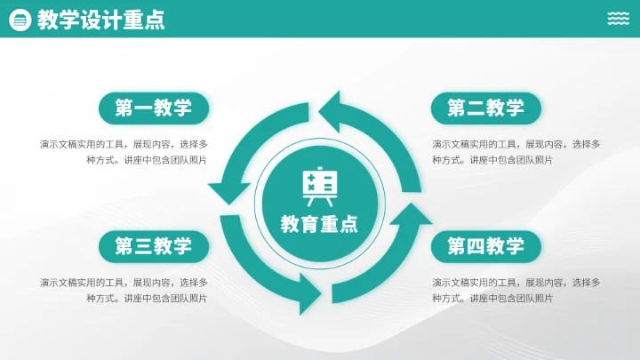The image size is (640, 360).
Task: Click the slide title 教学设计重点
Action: (101, 20)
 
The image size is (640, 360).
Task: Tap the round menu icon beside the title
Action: (20, 20)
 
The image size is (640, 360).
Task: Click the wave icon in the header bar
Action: (619, 19)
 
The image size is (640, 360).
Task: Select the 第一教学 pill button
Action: (153, 108)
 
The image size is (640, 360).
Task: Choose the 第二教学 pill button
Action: (485, 108)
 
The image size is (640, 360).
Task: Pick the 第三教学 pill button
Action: (153, 246)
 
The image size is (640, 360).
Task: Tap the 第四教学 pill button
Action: (485, 246)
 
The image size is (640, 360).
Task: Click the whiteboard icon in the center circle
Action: (319, 187)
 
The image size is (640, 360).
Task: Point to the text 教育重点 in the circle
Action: (319, 224)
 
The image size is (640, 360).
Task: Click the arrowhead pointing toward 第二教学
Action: (332, 110)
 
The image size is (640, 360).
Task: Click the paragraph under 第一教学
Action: (124, 152)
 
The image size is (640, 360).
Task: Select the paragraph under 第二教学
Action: (516, 152)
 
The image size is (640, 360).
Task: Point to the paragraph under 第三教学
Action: (124, 290)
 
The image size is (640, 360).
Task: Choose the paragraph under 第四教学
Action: (516, 290)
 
